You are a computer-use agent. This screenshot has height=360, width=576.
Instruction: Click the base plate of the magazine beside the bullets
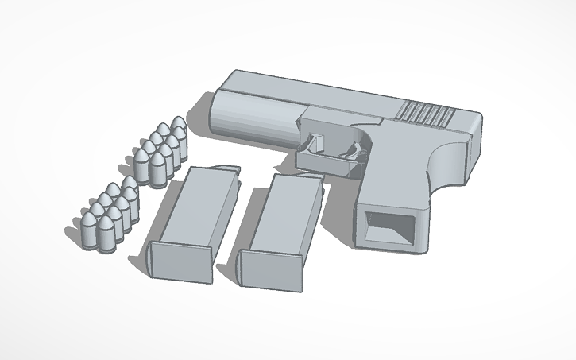point(180,261)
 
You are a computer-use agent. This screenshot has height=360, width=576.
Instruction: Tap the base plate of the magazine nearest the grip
point(270,271)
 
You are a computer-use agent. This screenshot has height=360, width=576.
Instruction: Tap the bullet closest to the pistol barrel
point(180,127)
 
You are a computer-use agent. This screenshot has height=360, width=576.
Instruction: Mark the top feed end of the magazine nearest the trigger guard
point(306,179)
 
